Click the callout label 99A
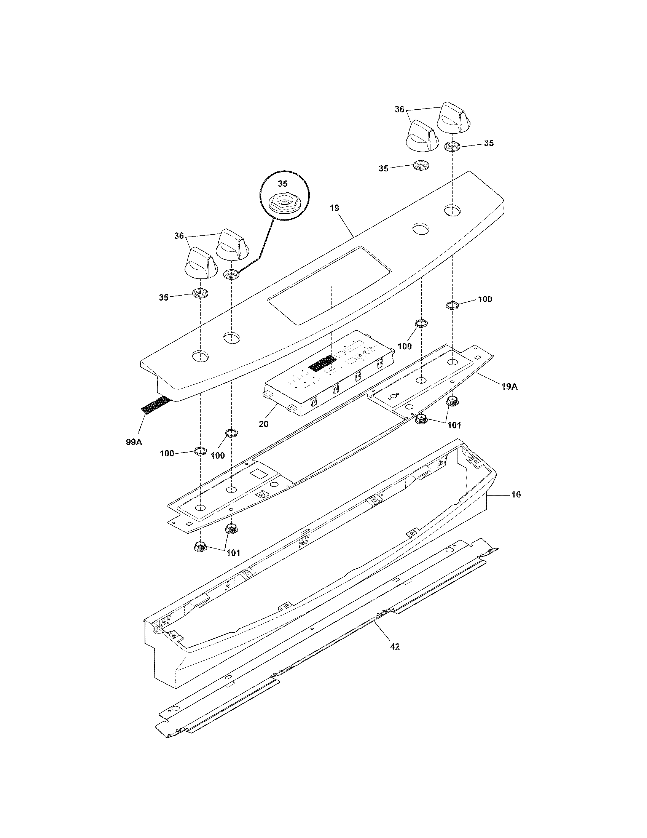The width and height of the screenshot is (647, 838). tap(134, 442)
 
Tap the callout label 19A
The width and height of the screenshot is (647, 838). tap(509, 387)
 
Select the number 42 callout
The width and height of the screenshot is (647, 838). tap(394, 646)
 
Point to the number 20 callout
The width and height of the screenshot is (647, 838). tap(263, 424)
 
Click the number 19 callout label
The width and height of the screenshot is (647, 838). tap(334, 208)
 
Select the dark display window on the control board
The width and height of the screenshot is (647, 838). tap(322, 363)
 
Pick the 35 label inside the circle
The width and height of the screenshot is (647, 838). tap(282, 184)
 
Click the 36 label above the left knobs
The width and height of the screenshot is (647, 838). tap(179, 236)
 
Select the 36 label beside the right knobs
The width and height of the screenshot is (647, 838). tap(399, 109)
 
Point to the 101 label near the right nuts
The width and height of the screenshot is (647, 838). tap(454, 425)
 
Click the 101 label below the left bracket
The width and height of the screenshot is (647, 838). tap(233, 553)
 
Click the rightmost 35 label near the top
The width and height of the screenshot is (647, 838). tap(488, 143)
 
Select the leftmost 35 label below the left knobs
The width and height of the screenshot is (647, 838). tap(164, 297)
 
